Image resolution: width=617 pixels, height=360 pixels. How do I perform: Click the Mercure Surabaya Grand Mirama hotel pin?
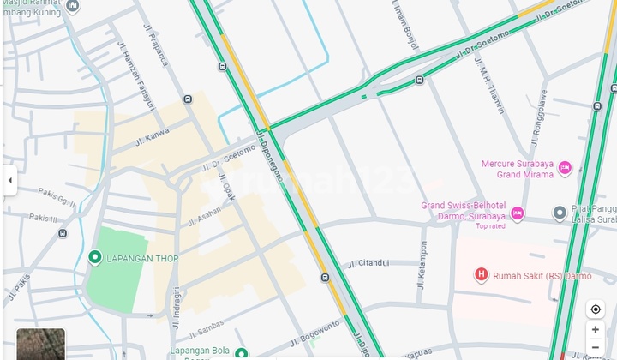565,169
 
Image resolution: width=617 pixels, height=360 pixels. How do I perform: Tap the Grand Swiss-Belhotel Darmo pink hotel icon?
517,212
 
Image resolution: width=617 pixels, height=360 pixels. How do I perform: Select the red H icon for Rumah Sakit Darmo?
482,275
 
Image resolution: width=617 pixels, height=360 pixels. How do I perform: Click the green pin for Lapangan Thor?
95,257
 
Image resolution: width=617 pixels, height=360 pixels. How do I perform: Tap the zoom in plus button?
596,330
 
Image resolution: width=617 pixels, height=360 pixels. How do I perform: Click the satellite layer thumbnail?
40,344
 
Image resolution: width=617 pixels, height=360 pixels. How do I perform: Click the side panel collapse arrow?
9,181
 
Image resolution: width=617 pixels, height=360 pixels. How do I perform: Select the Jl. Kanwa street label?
152,135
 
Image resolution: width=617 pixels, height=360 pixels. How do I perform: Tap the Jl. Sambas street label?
203,330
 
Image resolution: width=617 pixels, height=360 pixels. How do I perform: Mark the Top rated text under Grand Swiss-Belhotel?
491,226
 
